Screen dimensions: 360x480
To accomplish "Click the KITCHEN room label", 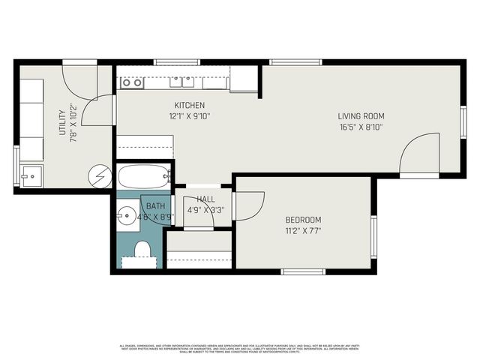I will point(190,105).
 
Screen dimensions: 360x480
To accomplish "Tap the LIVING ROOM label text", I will point(361,115).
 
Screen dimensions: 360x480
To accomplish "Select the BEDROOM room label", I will point(303,220).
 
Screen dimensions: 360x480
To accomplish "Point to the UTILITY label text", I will point(62,121).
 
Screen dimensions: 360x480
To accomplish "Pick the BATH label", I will point(155,205).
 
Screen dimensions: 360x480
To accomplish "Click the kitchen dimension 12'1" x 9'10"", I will point(190,116).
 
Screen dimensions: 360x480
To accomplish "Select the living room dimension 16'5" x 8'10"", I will point(361,127).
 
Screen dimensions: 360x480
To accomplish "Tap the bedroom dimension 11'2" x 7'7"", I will point(303,231).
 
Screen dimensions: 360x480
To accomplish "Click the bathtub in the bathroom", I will point(144,177).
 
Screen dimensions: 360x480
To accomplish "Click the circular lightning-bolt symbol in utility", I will point(100,176).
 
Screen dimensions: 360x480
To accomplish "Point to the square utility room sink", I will point(31,177).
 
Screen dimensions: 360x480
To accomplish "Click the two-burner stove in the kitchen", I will point(132,82).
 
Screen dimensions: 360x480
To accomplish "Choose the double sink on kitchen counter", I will point(181,82).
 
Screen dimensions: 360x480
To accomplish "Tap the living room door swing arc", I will point(418,154).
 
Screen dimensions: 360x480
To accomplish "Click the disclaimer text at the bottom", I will point(240,348).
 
